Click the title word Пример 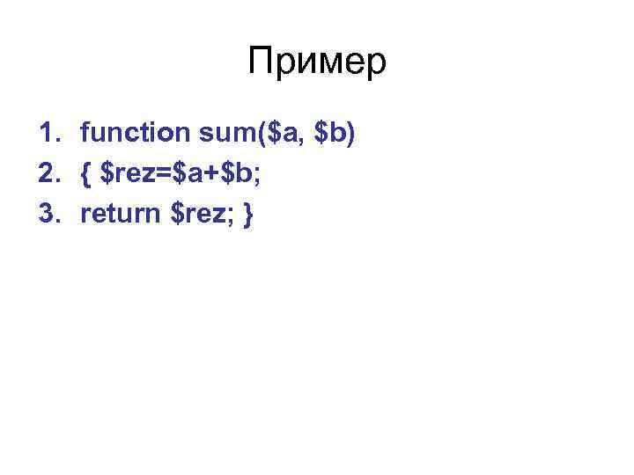(x=317, y=62)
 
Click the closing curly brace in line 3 (x=247, y=215)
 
